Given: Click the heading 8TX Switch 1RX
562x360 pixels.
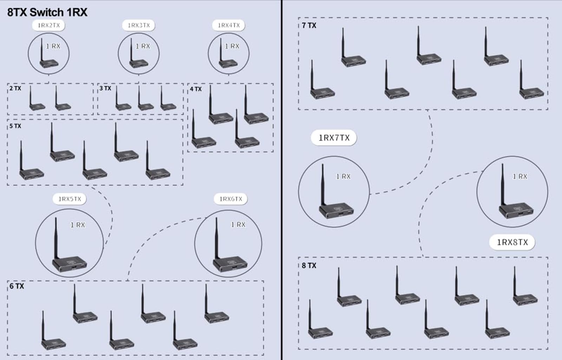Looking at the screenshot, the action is point(47,12).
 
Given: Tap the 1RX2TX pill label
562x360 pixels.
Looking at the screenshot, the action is point(49,25).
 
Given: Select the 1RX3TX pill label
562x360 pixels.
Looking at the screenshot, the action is point(139,25).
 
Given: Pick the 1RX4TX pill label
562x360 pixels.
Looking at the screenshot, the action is point(229,25).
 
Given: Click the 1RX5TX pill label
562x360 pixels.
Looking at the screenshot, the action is point(70,199).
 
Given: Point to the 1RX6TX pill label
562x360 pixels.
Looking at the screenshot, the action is point(231,199).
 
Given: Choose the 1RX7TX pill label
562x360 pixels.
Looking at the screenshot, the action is point(334,138).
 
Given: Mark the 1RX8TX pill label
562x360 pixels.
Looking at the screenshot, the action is point(512,242).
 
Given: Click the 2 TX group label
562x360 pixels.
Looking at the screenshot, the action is point(15,88).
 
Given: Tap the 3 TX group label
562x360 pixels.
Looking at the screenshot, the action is point(105,88).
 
